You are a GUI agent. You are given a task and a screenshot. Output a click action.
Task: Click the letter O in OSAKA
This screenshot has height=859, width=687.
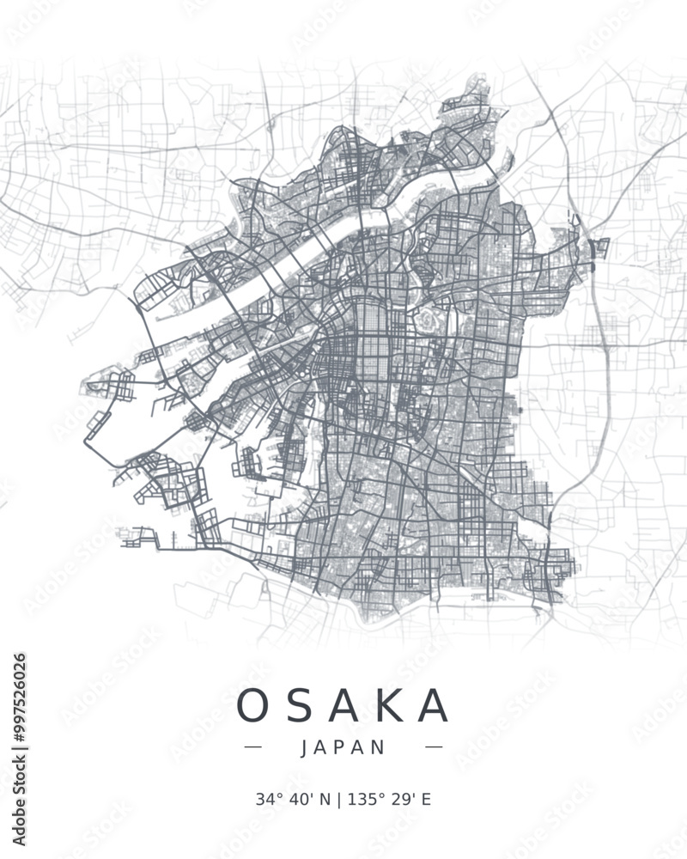tap(253, 706)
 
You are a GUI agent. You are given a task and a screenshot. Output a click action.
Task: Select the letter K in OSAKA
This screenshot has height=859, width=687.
tap(389, 706)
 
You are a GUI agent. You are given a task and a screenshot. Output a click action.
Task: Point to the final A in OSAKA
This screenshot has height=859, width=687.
tap(435, 706)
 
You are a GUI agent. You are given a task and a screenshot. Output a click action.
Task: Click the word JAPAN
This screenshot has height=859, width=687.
tap(343, 747)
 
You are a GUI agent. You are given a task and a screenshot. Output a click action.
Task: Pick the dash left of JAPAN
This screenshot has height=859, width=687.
tap(253, 747)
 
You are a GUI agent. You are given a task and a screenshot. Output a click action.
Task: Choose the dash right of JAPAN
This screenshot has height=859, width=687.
tap(434, 747)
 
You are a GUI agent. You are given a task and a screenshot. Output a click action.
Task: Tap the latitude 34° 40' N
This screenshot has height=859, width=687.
tap(293, 800)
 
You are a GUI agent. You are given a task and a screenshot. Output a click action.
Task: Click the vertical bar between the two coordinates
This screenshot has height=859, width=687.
tap(339, 800)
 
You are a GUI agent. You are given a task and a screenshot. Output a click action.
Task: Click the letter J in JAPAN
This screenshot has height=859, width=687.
tap(306, 747)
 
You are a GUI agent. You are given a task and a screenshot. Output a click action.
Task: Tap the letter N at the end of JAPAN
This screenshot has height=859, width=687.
tap(380, 747)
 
